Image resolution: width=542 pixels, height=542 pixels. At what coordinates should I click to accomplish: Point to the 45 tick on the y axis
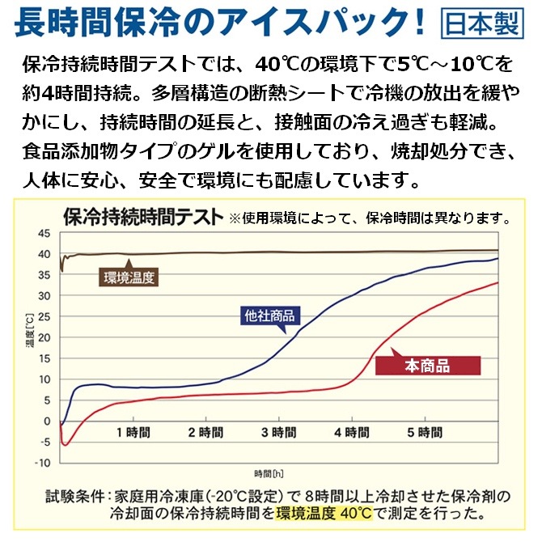44,234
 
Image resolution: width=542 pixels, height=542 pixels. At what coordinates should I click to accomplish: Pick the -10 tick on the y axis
43,463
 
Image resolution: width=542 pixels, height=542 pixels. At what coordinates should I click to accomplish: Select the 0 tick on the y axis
48,421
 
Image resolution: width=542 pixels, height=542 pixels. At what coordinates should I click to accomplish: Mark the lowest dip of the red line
66,444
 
